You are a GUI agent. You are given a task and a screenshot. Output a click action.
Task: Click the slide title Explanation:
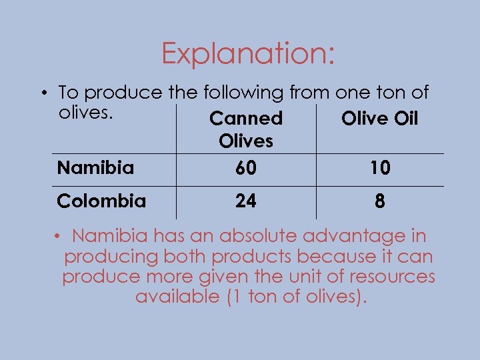pyautogui.click(x=247, y=53)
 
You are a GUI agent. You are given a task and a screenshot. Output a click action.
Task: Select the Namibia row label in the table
pyautogui.click(x=95, y=167)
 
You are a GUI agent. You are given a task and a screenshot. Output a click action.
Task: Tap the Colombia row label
pyautogui.click(x=101, y=201)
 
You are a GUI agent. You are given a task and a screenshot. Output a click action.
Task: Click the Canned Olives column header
pyautogui.click(x=246, y=129)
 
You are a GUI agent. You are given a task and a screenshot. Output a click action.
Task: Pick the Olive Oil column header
pyautogui.click(x=379, y=119)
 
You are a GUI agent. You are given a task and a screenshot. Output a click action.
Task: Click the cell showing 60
pyautogui.click(x=246, y=169)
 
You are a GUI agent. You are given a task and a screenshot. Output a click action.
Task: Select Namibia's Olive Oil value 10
pyautogui.click(x=380, y=169)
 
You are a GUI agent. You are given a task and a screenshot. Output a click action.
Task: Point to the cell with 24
pyautogui.click(x=246, y=201)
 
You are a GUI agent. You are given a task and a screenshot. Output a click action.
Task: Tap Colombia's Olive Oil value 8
pyautogui.click(x=380, y=201)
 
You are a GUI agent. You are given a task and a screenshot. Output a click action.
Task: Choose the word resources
pyautogui.click(x=390, y=276)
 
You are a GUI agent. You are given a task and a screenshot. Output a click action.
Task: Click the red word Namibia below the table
pyautogui.click(x=110, y=236)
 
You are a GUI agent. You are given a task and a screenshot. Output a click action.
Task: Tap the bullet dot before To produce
pyautogui.click(x=49, y=92)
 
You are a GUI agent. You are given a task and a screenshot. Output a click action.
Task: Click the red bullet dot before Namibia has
pyautogui.click(x=59, y=236)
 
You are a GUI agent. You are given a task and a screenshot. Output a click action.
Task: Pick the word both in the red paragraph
pyautogui.click(x=189, y=256)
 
